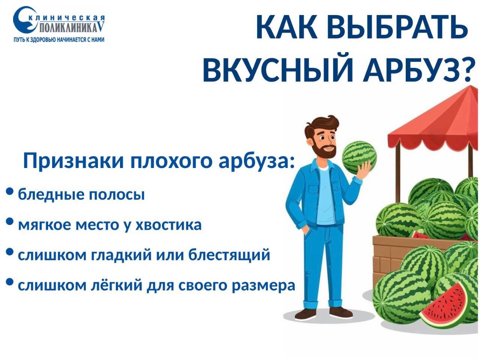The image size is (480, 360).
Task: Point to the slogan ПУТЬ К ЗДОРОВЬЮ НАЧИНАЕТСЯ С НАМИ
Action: (x=58, y=40)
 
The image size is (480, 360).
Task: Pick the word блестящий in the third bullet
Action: (x=229, y=255)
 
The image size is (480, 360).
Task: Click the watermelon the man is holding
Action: (x=359, y=157)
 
